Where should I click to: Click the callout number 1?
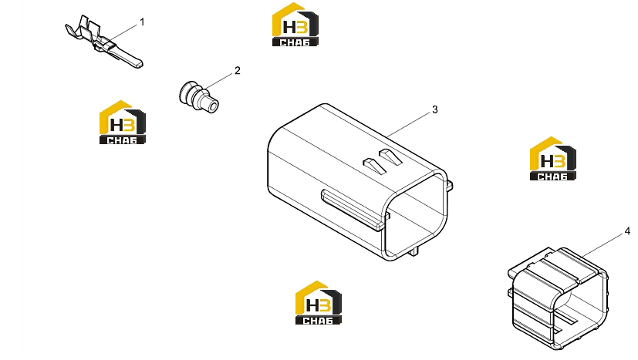(142, 22)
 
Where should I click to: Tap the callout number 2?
(238, 71)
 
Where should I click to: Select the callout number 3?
(435, 109)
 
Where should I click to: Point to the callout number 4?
(627, 231)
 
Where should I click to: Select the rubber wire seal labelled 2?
(198, 97)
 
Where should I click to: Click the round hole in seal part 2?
(212, 106)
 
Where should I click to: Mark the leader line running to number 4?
(603, 245)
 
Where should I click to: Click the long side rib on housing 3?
(353, 210)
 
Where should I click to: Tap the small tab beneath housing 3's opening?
(414, 251)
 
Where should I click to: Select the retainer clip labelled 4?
(559, 298)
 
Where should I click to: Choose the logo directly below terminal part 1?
(123, 122)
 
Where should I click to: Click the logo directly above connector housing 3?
(295, 25)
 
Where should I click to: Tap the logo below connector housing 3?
(318, 303)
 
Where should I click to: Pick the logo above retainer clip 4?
(552, 159)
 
